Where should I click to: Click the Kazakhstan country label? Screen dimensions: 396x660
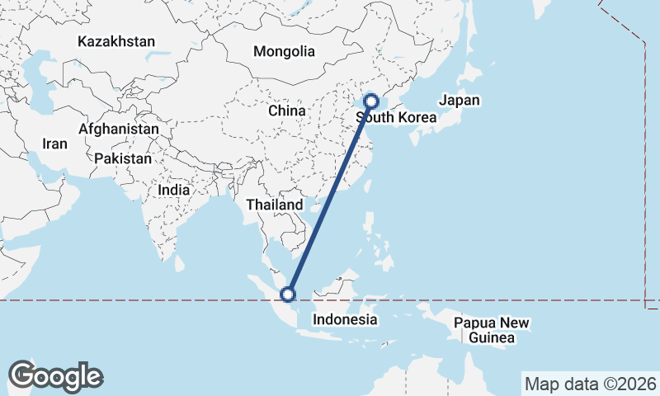[x=116, y=40]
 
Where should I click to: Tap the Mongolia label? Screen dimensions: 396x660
[x=284, y=51]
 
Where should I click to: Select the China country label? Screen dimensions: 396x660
[x=286, y=111]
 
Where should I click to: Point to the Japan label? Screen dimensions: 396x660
[x=459, y=101]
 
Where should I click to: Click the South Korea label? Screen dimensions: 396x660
[x=396, y=118]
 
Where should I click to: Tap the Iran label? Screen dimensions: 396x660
[x=54, y=144]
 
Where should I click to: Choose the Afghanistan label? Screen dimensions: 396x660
[x=119, y=130]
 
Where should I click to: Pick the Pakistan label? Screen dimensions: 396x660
[x=123, y=158]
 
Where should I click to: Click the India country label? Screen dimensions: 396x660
[x=173, y=189]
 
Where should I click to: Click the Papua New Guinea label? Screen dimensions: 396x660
[x=491, y=330]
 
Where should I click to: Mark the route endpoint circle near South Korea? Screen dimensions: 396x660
[x=370, y=101]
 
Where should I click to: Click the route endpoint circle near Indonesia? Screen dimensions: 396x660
[x=288, y=294]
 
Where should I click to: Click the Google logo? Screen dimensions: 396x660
[x=55, y=376]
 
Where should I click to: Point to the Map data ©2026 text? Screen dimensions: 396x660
[x=591, y=384]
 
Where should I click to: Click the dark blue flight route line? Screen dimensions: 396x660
[x=329, y=198]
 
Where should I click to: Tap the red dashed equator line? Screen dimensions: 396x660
[x=165, y=301]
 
